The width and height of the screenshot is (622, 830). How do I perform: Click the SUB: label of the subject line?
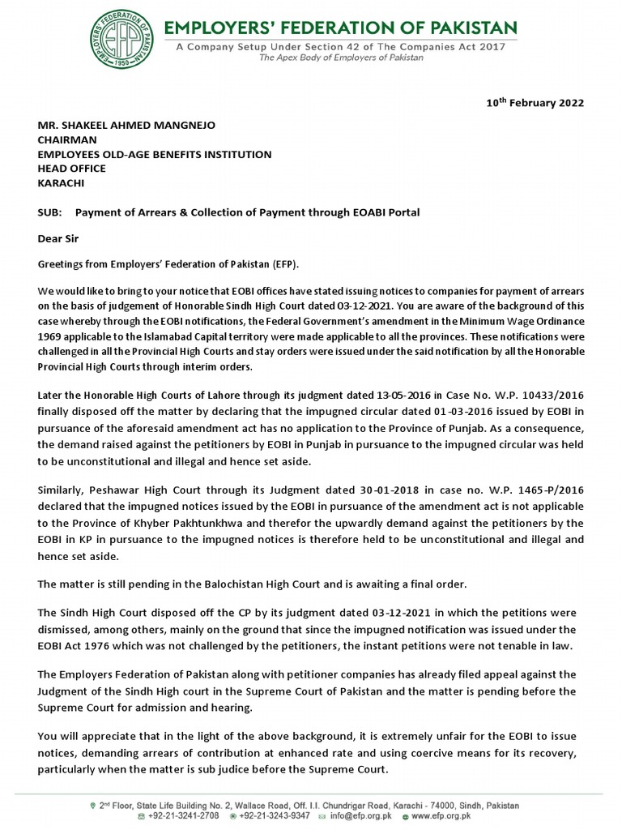point(51,212)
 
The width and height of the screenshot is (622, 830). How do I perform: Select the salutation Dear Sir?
point(59,239)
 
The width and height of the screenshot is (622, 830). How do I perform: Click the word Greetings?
point(64,265)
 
